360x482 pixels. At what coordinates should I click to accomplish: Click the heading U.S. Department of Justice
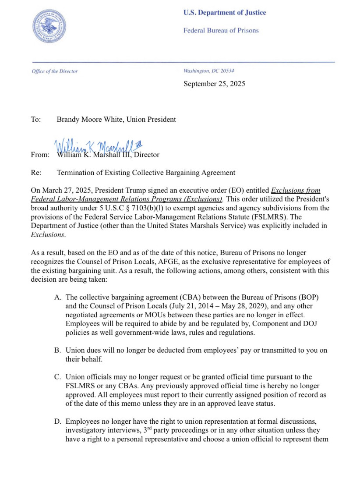point(225,13)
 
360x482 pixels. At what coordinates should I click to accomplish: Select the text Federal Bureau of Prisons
point(221,30)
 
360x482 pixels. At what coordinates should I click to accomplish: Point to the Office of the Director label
point(55,71)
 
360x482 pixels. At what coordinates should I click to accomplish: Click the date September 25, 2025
point(214,84)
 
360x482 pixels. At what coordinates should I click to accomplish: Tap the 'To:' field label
point(36,119)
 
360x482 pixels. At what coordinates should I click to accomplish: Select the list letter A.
point(57,297)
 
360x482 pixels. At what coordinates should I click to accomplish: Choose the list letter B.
point(57,351)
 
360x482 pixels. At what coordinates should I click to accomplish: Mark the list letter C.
point(57,377)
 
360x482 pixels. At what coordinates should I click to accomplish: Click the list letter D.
point(57,422)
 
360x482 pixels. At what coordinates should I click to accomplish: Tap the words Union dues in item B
point(82,351)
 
